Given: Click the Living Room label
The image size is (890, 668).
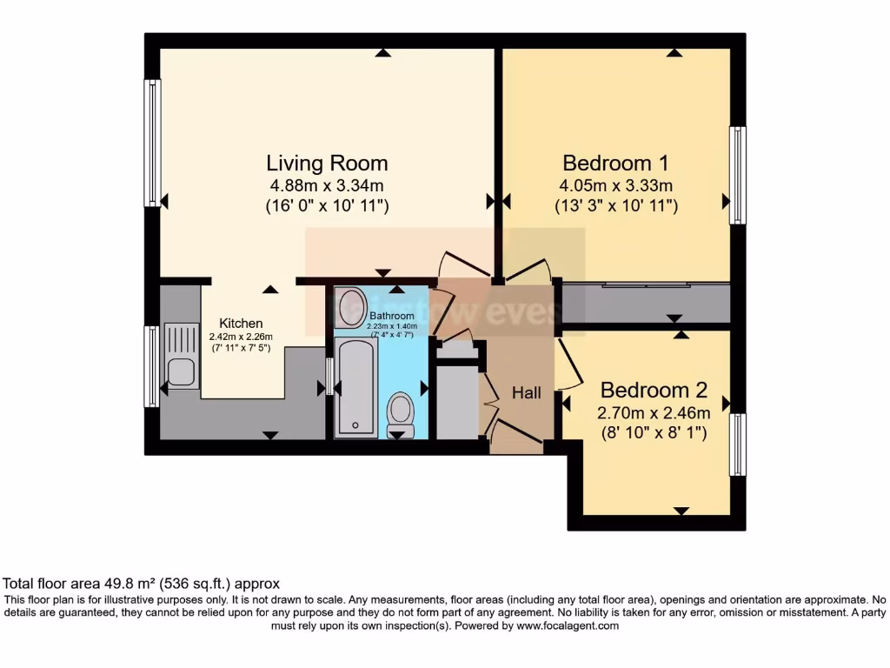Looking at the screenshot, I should point(327,163).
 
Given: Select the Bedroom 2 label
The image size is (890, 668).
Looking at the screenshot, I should point(654,390).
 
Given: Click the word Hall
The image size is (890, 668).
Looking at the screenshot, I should point(526,393).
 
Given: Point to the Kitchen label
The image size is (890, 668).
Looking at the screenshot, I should point(241,324).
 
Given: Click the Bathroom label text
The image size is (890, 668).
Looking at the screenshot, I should point(393,315).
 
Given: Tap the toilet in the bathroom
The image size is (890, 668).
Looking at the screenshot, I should point(401,411).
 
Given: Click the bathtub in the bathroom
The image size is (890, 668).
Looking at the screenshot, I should point(356,387).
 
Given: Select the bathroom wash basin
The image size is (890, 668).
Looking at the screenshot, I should point(352,307).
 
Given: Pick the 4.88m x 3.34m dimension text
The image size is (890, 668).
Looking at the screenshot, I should point(327,185).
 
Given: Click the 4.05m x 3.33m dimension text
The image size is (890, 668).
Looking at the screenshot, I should point(615,185).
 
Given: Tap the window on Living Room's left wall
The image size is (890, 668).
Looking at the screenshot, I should point(153,143).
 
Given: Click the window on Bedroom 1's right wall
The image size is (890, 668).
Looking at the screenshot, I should point(737,174).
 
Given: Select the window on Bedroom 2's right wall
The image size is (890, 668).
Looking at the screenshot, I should point(737,444).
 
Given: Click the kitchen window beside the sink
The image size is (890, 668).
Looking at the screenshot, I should point(152,366).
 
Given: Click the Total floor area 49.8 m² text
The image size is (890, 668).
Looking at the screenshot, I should point(142,584).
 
